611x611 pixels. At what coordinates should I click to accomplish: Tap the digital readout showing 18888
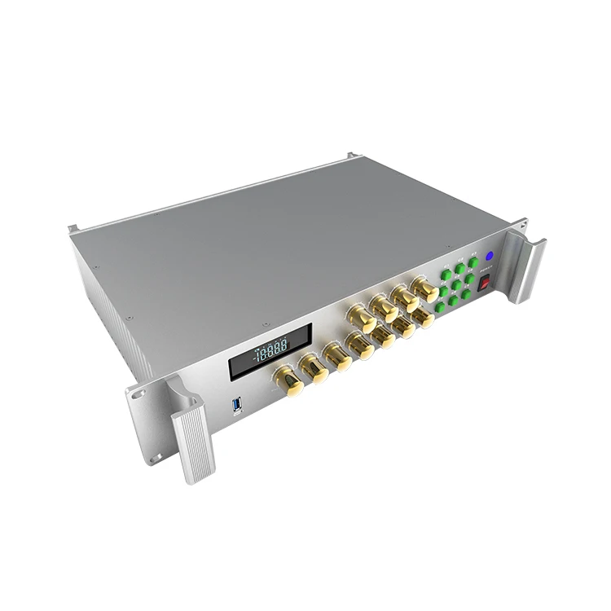(270, 351)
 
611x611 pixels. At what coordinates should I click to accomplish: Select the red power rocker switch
(484, 285)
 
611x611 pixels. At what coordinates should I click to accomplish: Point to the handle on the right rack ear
(526, 265)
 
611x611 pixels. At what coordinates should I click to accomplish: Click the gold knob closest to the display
(287, 379)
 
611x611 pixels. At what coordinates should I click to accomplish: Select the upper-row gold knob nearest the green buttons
(424, 288)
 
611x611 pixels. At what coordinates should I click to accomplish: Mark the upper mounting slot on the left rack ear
(138, 393)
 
